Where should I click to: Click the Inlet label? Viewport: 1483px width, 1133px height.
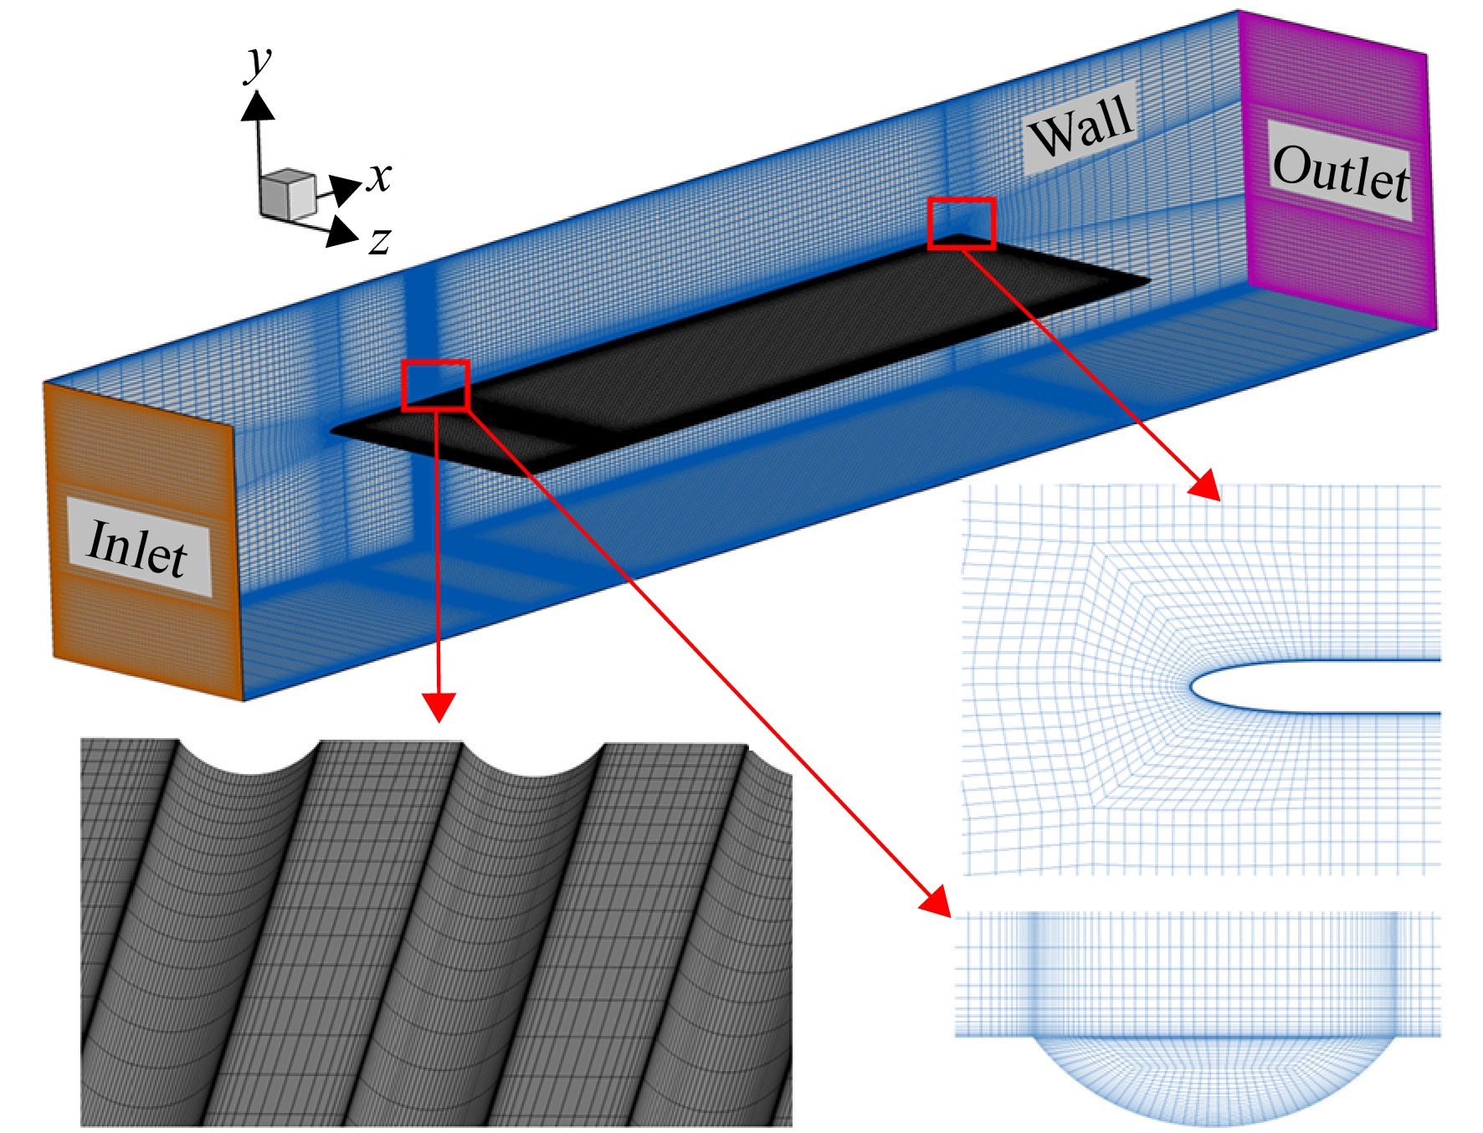[138, 547]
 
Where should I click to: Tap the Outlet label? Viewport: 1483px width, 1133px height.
[1341, 172]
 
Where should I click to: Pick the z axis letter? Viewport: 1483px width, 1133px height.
[380, 241]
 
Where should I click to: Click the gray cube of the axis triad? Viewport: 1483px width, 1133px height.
[287, 194]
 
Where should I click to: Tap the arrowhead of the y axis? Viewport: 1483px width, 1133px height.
[258, 105]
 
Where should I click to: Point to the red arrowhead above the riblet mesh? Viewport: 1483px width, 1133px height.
[439, 707]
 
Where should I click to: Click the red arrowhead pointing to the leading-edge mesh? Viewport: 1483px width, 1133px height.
[1206, 484]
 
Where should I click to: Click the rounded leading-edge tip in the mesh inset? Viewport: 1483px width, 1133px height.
[1192, 687]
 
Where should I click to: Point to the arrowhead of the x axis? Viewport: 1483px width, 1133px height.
[344, 189]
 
